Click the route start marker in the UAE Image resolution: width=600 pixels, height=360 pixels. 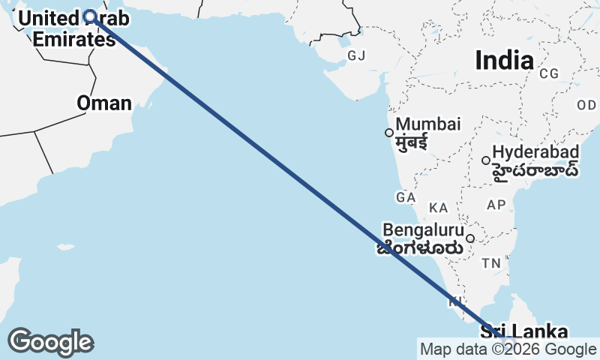point(90,16)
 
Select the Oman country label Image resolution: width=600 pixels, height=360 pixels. point(104,103)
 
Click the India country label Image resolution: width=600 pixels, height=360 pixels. point(504,60)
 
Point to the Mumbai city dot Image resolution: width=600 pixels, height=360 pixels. point(388,133)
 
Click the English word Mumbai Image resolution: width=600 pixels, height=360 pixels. point(428,124)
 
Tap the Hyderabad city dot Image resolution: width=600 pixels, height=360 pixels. point(486,160)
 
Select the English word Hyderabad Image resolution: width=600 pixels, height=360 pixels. point(536,151)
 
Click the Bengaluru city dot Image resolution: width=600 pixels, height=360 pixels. point(470,238)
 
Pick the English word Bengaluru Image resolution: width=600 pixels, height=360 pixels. point(424,229)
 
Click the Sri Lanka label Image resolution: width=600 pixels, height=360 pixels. point(523,331)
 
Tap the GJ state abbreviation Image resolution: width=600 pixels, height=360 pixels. point(355,55)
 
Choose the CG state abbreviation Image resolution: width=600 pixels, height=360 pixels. point(549,73)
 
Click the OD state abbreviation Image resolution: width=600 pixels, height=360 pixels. point(586,105)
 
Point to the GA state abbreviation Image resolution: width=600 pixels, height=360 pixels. point(405,197)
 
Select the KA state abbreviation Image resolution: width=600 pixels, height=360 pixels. point(438,207)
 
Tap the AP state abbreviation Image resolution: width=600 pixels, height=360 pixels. point(496,205)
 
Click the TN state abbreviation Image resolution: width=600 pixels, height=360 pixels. point(491,263)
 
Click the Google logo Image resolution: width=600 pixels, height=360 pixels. point(50,342)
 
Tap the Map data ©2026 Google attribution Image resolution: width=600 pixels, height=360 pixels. point(508,349)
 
